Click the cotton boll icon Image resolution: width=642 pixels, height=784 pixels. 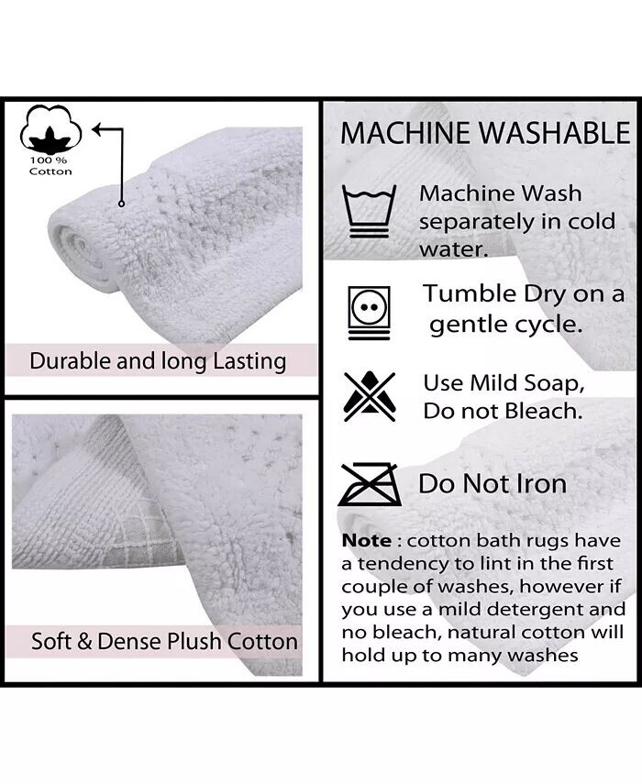pos(50,128)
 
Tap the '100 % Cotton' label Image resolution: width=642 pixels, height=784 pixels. pos(50,166)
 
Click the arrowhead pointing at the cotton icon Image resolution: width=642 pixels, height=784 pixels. pos(97,129)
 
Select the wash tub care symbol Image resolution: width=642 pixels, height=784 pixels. pos(369,212)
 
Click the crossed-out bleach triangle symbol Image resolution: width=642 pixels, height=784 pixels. pos(369,396)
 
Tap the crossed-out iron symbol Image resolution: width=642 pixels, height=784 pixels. pos(370,484)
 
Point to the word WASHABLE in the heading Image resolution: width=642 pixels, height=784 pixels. pos(555,133)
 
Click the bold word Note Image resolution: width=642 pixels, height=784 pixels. pos(367,540)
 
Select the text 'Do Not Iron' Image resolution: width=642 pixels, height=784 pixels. pos(493,484)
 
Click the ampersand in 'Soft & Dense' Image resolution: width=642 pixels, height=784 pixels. pos(84,642)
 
